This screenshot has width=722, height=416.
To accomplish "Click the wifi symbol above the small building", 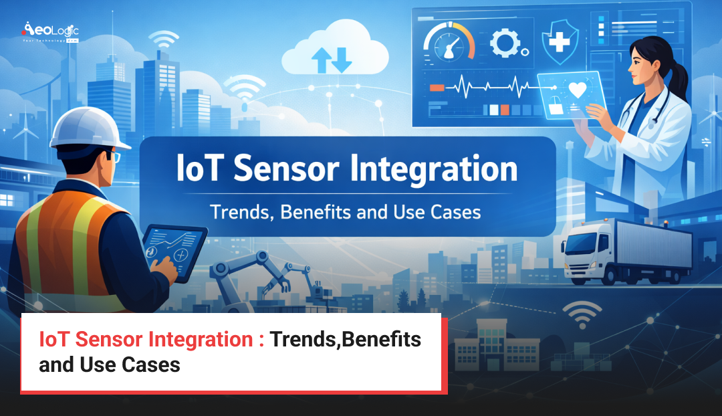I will [x=581, y=315].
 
